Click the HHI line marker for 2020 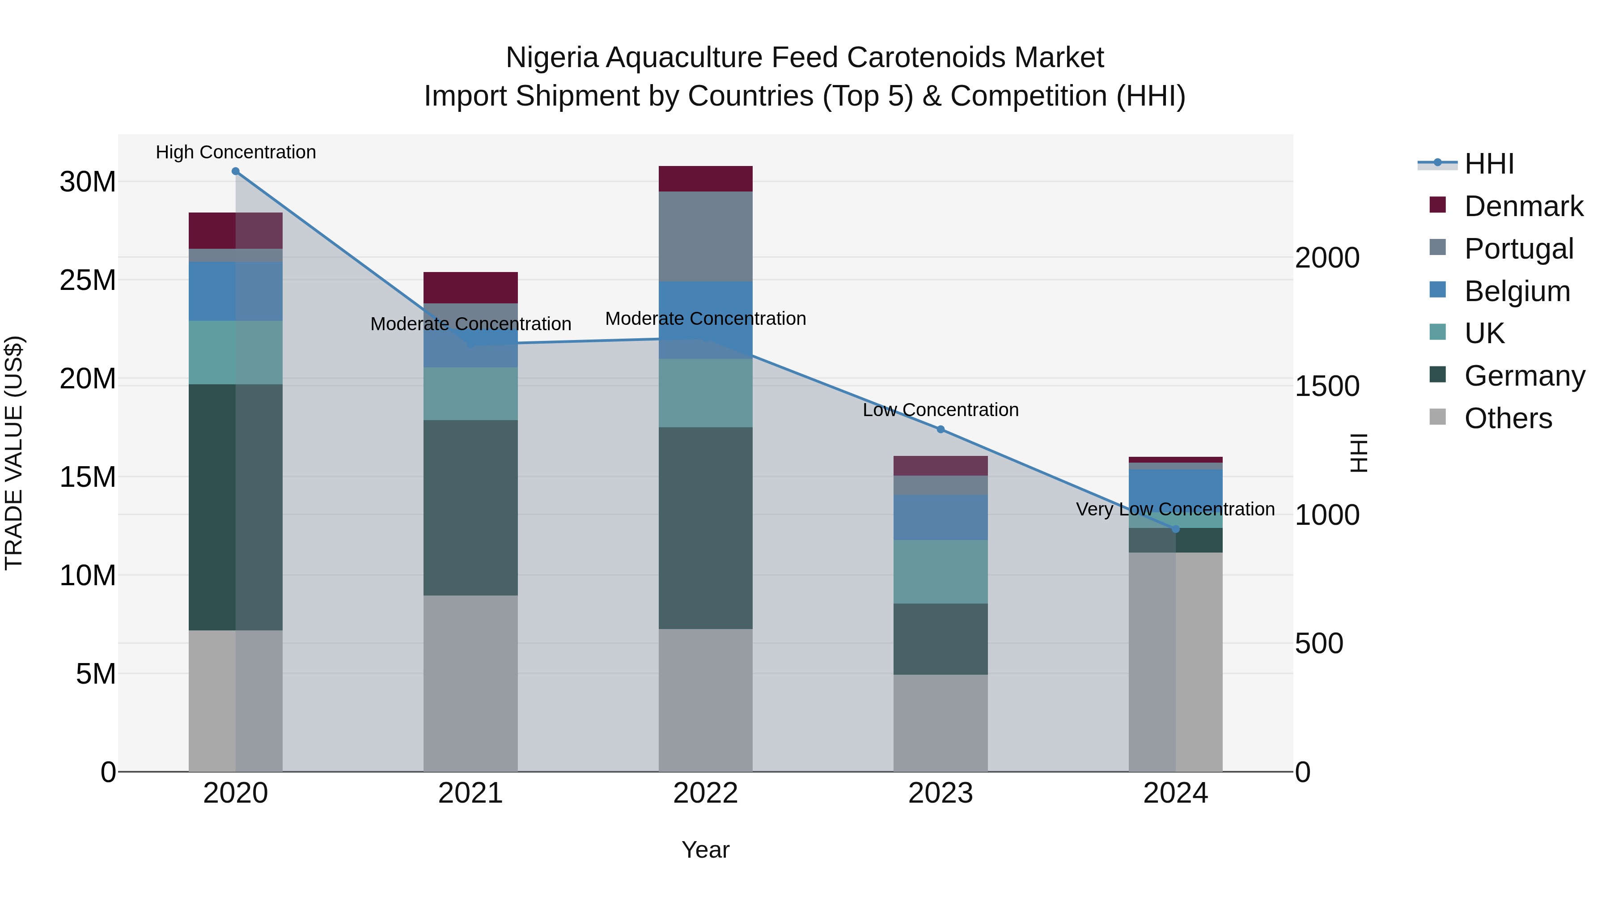tap(236, 171)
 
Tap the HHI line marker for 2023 tap(941, 429)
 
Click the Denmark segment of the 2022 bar tap(706, 179)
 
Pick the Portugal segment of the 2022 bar tap(706, 236)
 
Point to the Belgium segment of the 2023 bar tap(941, 517)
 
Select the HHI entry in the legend tap(1489, 164)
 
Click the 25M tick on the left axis tap(88, 280)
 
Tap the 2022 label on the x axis tap(706, 793)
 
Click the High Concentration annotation tap(236, 152)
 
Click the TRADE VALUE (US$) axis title tap(14, 453)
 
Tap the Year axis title tap(706, 850)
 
